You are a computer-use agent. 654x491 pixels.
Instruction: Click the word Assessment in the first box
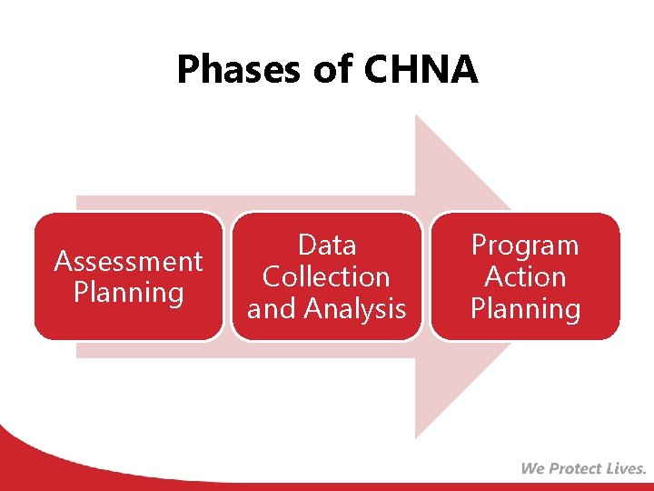click(x=128, y=262)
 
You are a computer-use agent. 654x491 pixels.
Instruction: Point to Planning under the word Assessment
click(x=128, y=293)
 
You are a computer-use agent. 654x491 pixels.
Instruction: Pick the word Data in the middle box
click(x=327, y=245)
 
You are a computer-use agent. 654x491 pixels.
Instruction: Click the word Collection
click(x=327, y=277)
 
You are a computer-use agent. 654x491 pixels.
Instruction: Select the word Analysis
click(x=355, y=309)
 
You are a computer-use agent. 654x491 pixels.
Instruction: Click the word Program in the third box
click(x=525, y=245)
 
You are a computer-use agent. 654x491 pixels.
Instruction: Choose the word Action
click(x=525, y=277)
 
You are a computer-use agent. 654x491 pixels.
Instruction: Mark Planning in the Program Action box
click(x=525, y=309)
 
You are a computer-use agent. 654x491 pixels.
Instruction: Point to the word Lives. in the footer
click(x=628, y=469)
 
